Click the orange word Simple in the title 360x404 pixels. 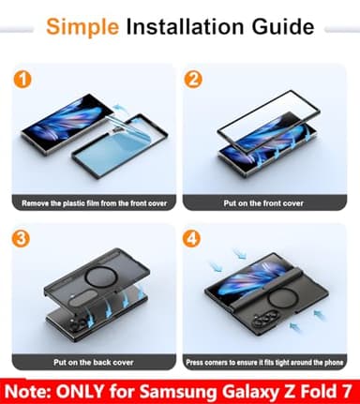[82, 27]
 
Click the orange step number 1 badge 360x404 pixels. [22, 80]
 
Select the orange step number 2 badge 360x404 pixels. [193, 80]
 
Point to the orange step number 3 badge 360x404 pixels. [21, 239]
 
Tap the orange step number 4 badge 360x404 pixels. [191, 239]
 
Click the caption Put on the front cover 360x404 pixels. [263, 203]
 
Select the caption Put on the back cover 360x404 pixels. [94, 363]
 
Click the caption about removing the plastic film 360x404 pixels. [94, 203]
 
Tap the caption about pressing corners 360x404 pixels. [264, 363]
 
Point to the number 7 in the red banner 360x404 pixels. [345, 391]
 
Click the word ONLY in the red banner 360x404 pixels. [80, 391]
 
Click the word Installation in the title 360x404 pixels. [185, 26]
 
